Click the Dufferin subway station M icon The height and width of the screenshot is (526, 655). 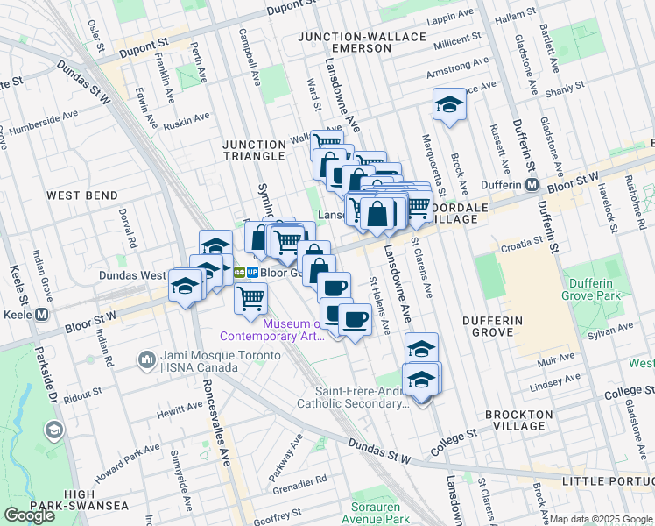tap(531, 185)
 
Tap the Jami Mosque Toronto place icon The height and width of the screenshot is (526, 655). tap(145, 360)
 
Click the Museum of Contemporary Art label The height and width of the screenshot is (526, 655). tap(272, 329)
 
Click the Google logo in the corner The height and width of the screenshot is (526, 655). tap(29, 515)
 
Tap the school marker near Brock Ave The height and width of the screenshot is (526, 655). tap(449, 106)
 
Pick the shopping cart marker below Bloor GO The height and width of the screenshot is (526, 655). tap(251, 299)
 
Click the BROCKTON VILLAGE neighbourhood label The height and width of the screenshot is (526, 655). tap(521, 420)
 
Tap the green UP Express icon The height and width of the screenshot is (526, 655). tap(236, 272)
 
